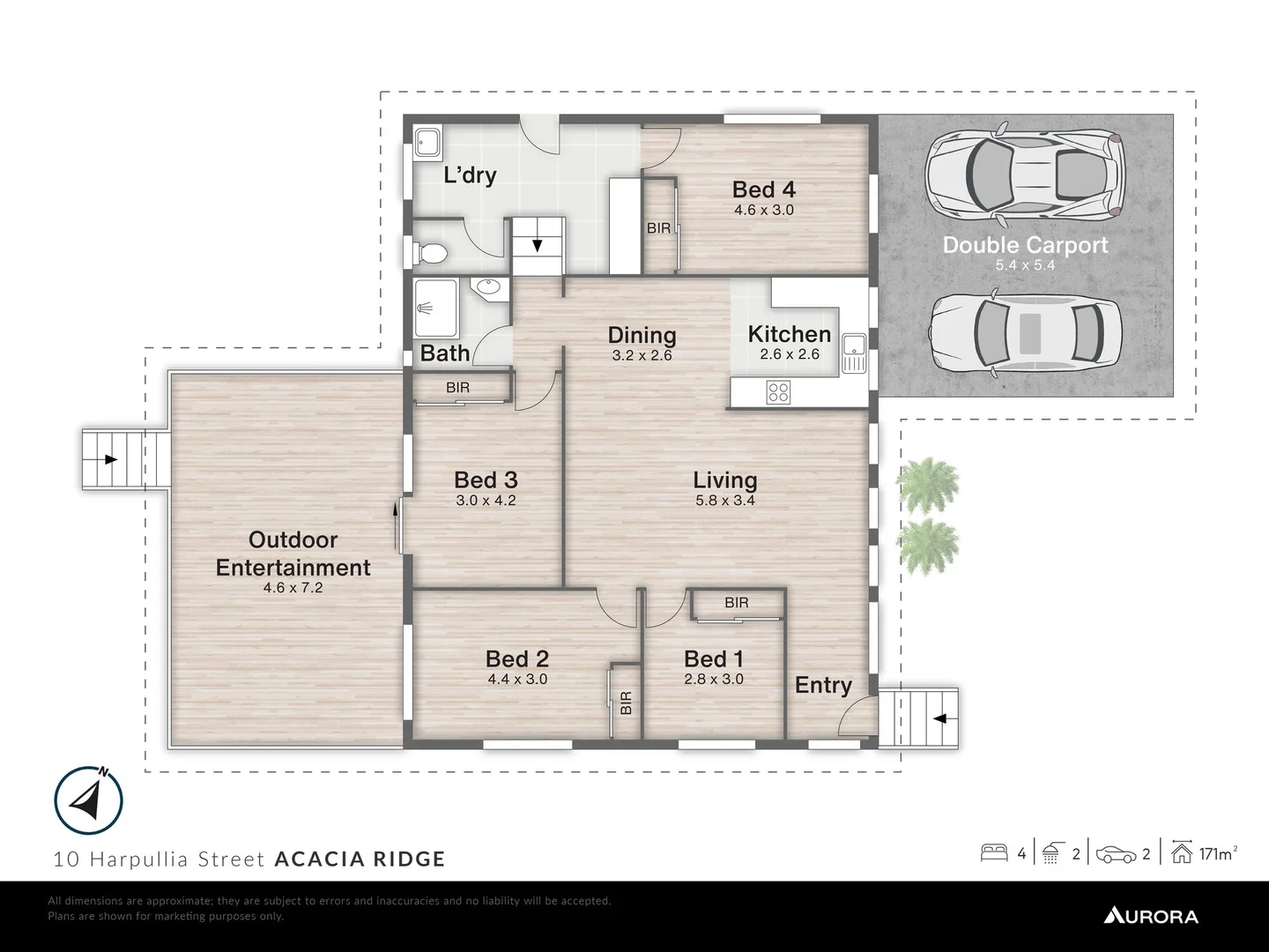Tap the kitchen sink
[x=853, y=353]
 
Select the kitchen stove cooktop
[x=778, y=391]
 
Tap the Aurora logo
[x=1150, y=916]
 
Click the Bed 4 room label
[x=764, y=190]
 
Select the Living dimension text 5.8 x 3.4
[x=724, y=501]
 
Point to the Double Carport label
[x=1025, y=245]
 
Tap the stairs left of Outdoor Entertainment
[x=113, y=459]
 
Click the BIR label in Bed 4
[x=658, y=228]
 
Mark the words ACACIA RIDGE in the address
[x=360, y=859]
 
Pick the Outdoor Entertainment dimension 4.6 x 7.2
[x=293, y=587]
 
